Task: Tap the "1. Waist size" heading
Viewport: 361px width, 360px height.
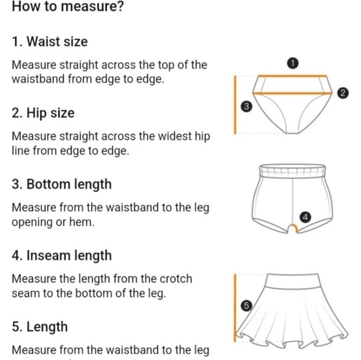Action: click(x=50, y=42)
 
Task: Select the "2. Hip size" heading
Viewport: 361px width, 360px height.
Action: click(x=43, y=113)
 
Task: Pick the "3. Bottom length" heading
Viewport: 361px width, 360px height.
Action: click(x=62, y=184)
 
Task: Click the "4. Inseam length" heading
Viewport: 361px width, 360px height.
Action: click(x=62, y=255)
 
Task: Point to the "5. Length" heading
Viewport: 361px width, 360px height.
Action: click(x=40, y=327)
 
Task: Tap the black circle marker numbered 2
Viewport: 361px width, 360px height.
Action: click(x=342, y=93)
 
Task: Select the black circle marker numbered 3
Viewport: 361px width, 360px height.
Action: click(x=245, y=107)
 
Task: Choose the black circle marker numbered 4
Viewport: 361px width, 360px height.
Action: click(x=304, y=217)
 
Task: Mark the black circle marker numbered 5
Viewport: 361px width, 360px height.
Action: click(x=245, y=305)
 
